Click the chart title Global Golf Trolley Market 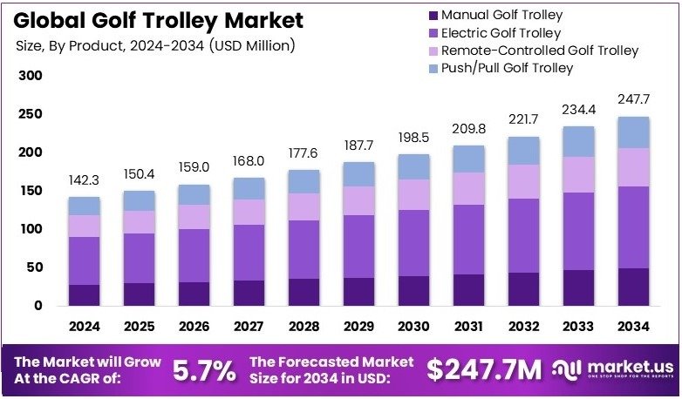click(x=157, y=20)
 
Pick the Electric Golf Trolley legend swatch click(x=433, y=32)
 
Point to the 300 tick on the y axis click(x=30, y=76)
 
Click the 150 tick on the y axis click(x=30, y=191)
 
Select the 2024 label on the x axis click(x=85, y=327)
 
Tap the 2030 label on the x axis click(x=413, y=327)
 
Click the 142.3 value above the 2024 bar click(x=85, y=180)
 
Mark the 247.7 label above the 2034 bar click(x=633, y=100)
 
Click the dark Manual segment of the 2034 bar click(x=633, y=287)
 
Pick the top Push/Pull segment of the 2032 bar click(x=523, y=151)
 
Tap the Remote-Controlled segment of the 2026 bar click(x=194, y=217)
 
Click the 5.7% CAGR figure click(x=204, y=370)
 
